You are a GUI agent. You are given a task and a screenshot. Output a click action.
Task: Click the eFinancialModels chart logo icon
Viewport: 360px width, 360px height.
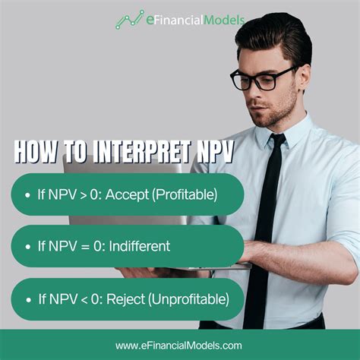tap(129, 19)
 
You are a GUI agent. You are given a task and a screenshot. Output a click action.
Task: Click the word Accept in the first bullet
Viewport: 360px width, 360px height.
tap(128, 195)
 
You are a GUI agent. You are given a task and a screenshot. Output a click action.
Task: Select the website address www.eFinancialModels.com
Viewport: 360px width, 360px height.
tap(179, 346)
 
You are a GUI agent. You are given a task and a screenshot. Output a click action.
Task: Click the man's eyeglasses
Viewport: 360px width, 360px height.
tap(262, 78)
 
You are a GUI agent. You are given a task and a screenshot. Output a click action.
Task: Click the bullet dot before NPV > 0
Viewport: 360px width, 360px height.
tap(27, 195)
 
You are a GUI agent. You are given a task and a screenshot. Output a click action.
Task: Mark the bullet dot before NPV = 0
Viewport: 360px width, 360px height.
tap(27, 246)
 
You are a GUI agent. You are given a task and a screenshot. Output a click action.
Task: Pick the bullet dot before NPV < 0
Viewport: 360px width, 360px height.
tap(27, 298)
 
